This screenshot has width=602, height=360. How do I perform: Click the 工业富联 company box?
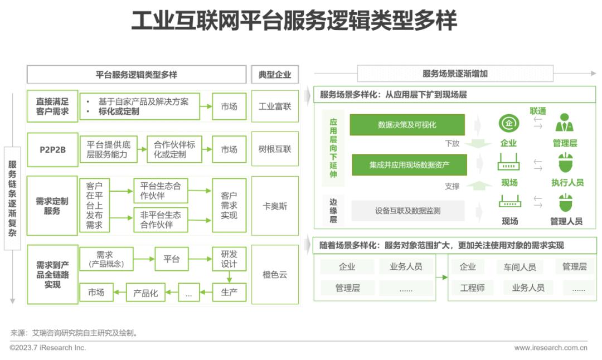pos(275,106)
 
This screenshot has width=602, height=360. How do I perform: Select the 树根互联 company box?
pos(275,149)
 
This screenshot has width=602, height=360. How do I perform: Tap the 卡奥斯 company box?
pos(275,206)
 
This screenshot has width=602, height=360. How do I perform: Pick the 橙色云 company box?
pos(275,274)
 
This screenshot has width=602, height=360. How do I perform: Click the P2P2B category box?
pos(52,150)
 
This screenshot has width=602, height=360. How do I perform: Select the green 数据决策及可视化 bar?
pos(407,125)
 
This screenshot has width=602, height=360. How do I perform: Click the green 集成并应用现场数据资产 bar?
pos(409,165)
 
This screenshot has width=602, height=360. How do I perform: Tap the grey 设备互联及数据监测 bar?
pos(407,211)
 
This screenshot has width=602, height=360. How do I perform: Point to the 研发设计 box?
pos(229,259)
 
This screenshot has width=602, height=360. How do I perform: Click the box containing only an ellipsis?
pos(188,293)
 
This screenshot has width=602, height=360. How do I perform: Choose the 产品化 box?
pos(145,293)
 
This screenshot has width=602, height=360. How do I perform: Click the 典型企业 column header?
pos(275,75)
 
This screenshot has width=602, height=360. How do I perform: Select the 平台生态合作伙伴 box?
pos(161,191)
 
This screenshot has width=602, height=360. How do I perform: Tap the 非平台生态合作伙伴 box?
pos(161,220)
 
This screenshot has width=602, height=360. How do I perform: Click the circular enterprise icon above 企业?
pos(509,124)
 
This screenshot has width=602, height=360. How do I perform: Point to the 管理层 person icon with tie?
pos(564,123)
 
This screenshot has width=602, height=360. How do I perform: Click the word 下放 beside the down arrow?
pos(452,144)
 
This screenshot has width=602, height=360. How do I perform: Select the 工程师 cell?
pos(472,288)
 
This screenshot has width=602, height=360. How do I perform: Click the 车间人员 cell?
pos(520,267)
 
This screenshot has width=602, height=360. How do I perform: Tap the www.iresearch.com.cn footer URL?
pos(551,348)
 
